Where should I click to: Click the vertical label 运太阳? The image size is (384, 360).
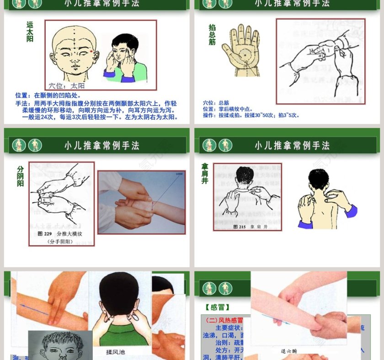click(x=30, y=32)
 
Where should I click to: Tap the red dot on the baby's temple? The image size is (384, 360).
click(x=91, y=52)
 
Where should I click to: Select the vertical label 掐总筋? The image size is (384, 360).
click(x=212, y=35)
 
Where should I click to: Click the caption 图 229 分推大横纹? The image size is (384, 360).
click(x=62, y=233)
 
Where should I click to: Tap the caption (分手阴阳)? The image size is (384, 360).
click(x=62, y=242)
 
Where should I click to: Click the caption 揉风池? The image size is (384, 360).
click(x=115, y=352)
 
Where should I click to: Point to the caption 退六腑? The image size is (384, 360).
click(x=290, y=351)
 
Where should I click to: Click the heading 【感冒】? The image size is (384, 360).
click(x=218, y=307)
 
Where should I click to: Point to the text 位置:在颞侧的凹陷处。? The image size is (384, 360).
click(x=48, y=95)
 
